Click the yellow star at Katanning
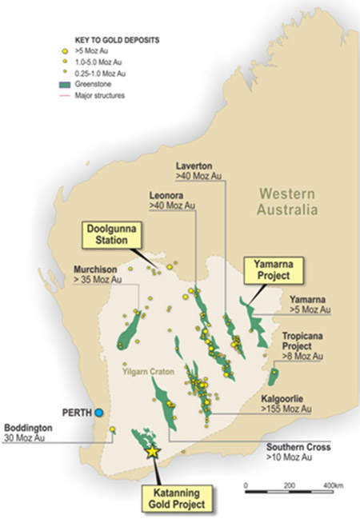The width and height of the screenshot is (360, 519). coord(153,451)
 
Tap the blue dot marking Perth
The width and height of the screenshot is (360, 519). coord(98,413)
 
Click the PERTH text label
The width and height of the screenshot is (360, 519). coord(76,413)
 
